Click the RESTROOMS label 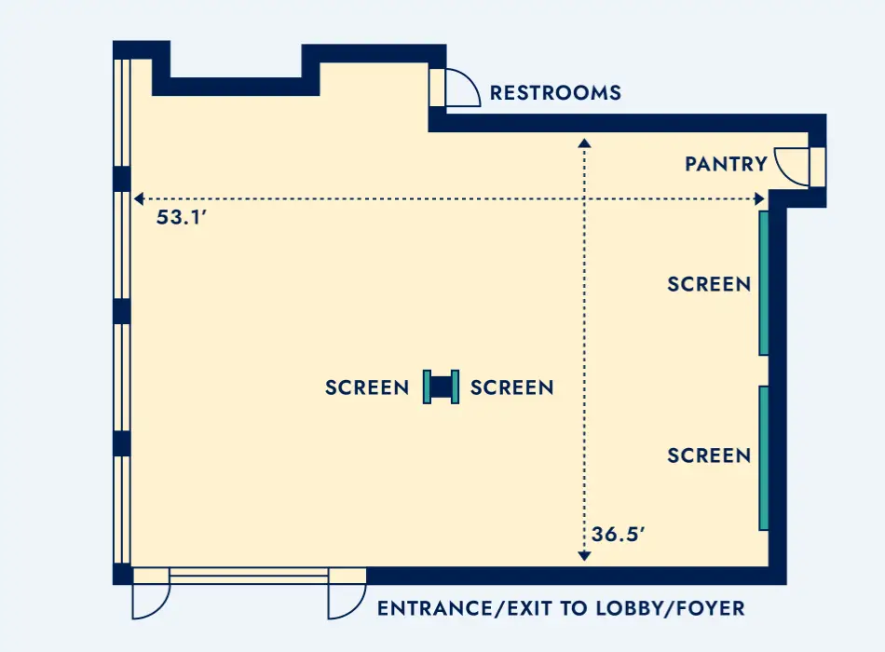tap(555, 92)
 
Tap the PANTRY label tap(726, 164)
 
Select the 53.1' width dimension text tap(182, 217)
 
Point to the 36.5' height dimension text tap(618, 534)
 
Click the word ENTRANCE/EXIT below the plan tap(466, 608)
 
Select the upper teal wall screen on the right tap(764, 283)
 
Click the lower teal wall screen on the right tap(764, 458)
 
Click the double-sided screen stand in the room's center tap(441, 387)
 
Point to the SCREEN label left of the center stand tap(367, 387)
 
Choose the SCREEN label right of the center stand tap(512, 387)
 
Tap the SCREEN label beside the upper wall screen tap(709, 284)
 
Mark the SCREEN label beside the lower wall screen tap(709, 455)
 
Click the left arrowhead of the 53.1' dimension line tap(139, 198)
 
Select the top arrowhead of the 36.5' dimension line tap(584, 143)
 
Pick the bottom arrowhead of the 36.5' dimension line tap(584, 556)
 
